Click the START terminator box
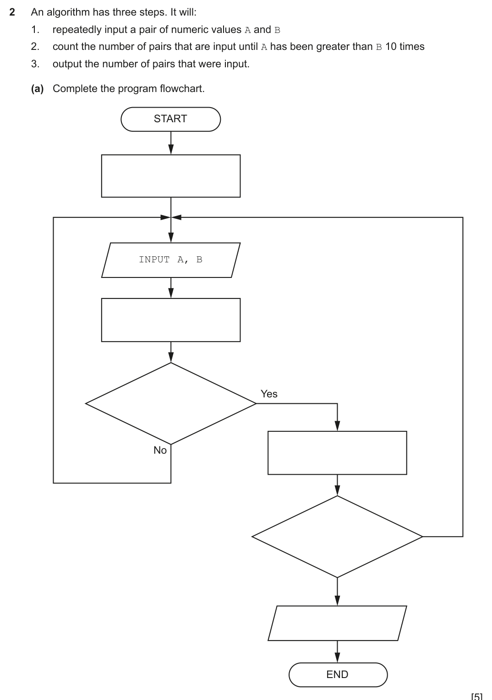(170, 119)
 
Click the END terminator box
(338, 674)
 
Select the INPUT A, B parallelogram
(170, 260)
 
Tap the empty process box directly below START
(170, 176)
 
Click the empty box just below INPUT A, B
(170, 320)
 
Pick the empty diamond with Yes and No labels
(170, 403)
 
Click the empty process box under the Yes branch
(337, 453)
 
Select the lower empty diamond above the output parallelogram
(337, 537)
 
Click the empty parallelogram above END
(337, 623)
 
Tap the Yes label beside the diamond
(269, 394)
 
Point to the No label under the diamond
(160, 450)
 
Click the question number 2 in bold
(12, 12)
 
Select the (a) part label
(37, 89)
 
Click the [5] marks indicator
(477, 696)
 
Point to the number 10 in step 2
(391, 47)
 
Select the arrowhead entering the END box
(338, 657)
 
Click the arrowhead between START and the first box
(171, 149)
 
